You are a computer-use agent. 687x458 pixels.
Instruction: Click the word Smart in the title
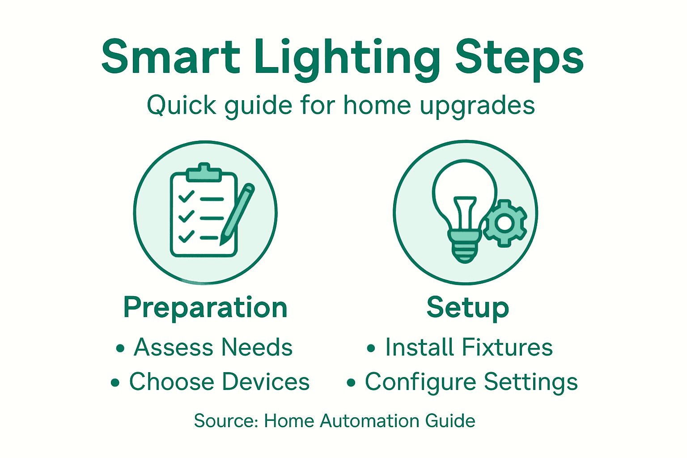tap(170, 57)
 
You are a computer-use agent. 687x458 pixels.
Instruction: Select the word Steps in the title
tap(519, 58)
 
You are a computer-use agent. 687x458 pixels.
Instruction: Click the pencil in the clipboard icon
tap(237, 214)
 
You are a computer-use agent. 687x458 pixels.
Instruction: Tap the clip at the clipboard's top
tap(204, 172)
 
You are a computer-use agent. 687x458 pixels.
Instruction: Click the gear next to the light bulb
tap(505, 223)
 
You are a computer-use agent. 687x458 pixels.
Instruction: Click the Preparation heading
tap(205, 308)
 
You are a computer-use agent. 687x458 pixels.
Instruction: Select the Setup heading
tap(467, 308)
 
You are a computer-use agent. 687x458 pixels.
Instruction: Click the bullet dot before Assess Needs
tap(120, 348)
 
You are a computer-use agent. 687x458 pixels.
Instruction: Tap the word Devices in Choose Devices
tap(266, 382)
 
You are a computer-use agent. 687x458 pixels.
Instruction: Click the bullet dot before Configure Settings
tap(351, 383)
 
